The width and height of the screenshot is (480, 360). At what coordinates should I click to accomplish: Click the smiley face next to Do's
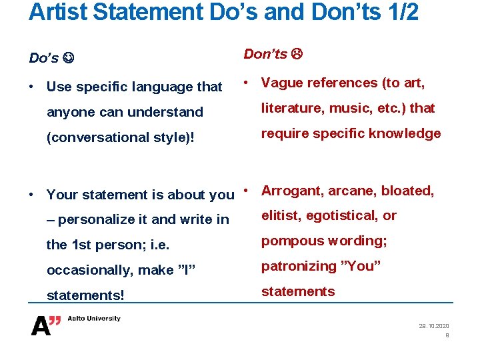[68, 58]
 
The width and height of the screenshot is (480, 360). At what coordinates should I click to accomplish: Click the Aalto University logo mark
[46, 325]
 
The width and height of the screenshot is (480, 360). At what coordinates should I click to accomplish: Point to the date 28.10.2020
[434, 325]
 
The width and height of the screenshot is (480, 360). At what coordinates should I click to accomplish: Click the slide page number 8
[447, 335]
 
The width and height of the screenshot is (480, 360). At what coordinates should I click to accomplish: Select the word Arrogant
[291, 191]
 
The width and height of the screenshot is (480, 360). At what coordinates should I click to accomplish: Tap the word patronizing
[299, 266]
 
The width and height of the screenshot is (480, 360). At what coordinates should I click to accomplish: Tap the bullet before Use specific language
[32, 87]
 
